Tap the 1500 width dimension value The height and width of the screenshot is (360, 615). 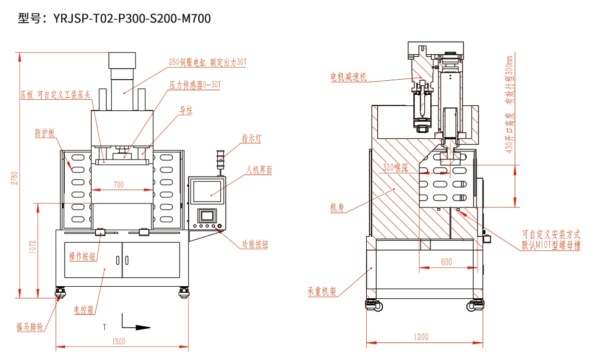click(x=119, y=341)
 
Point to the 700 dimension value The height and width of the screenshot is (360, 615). click(x=118, y=185)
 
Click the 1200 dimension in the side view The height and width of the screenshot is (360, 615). click(x=421, y=337)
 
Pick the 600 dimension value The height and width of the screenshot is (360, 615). click(x=445, y=261)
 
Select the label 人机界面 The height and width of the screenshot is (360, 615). click(x=259, y=170)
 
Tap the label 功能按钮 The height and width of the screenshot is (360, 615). click(x=255, y=245)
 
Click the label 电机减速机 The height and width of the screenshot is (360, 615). click(x=348, y=77)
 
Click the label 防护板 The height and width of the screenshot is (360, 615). click(x=45, y=133)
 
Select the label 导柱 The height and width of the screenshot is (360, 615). click(x=186, y=111)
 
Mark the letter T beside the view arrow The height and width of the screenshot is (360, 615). click(x=104, y=327)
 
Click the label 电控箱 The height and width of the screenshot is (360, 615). click(x=84, y=309)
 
